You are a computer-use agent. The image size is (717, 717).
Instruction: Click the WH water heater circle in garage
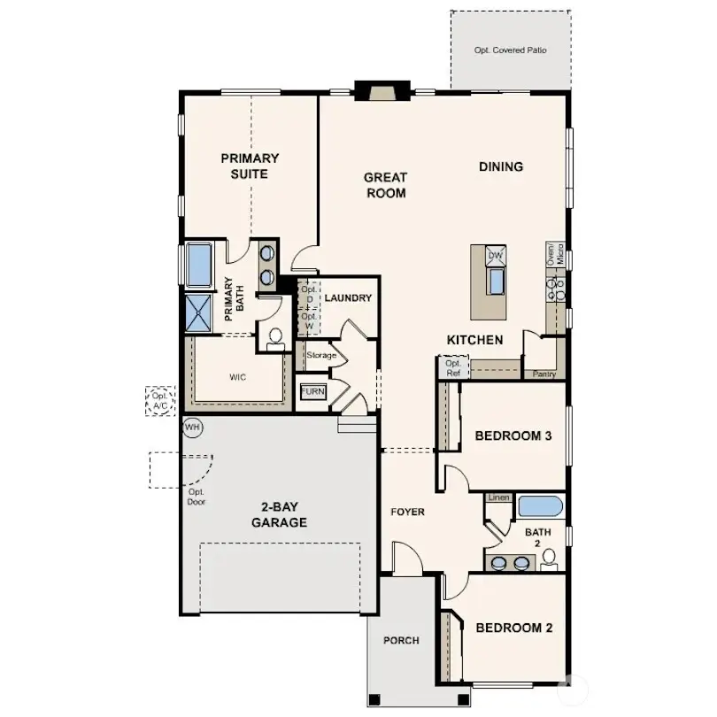click(x=192, y=427)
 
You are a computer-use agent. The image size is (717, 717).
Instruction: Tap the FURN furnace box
click(x=312, y=391)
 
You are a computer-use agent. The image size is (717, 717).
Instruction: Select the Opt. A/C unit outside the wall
click(x=161, y=400)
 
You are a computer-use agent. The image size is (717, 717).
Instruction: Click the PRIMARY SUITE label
click(x=250, y=166)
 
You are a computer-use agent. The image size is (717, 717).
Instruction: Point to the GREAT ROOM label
click(x=385, y=185)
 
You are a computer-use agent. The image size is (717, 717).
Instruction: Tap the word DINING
click(x=501, y=166)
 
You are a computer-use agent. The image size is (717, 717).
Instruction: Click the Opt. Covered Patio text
click(x=510, y=50)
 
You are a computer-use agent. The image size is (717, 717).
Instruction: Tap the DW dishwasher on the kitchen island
click(x=496, y=256)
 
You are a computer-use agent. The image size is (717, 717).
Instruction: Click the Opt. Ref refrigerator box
click(x=452, y=367)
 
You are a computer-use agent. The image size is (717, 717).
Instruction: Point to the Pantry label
click(x=544, y=374)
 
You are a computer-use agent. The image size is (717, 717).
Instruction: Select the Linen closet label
click(x=498, y=498)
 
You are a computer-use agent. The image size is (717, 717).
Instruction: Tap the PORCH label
click(x=401, y=640)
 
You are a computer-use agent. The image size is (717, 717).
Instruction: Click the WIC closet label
click(x=237, y=377)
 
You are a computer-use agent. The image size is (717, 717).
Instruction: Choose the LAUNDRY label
click(x=348, y=298)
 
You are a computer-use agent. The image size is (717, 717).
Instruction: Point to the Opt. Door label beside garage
click(x=197, y=497)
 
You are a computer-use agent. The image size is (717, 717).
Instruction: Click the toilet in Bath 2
click(x=549, y=558)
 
